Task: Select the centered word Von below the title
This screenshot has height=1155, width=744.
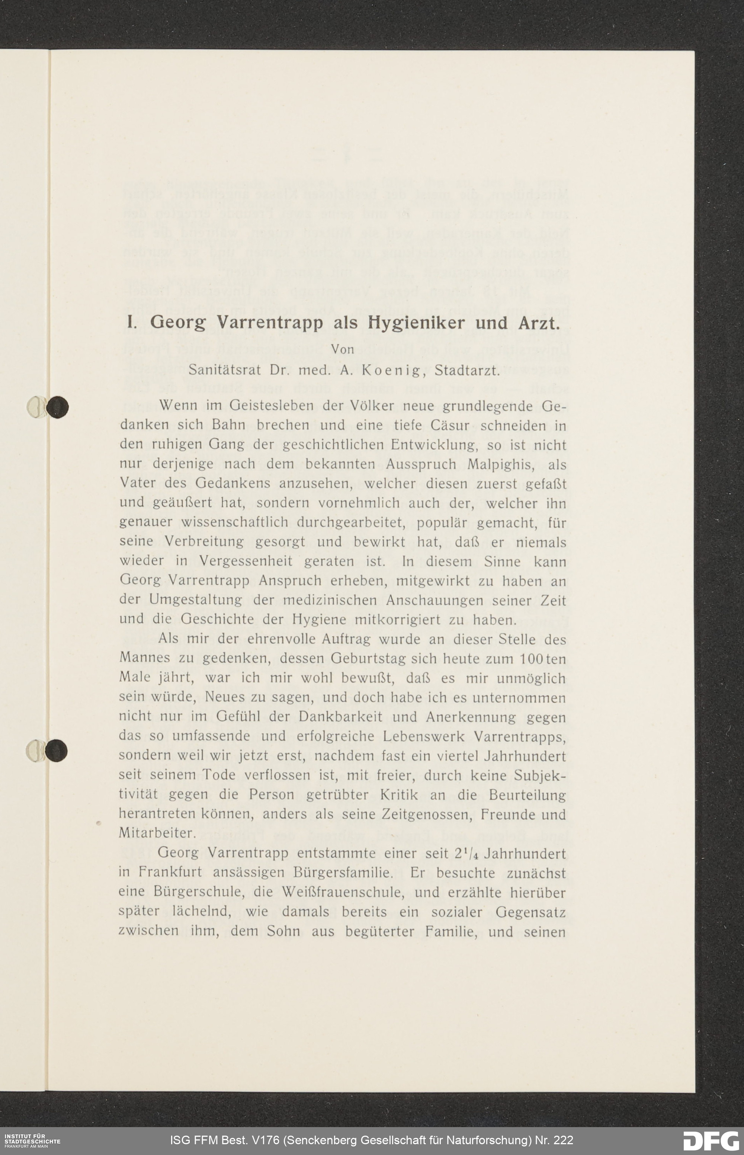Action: (x=343, y=349)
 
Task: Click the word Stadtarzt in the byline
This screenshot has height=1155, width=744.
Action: (x=467, y=370)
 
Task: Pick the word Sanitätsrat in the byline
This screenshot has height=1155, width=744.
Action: (x=225, y=370)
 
